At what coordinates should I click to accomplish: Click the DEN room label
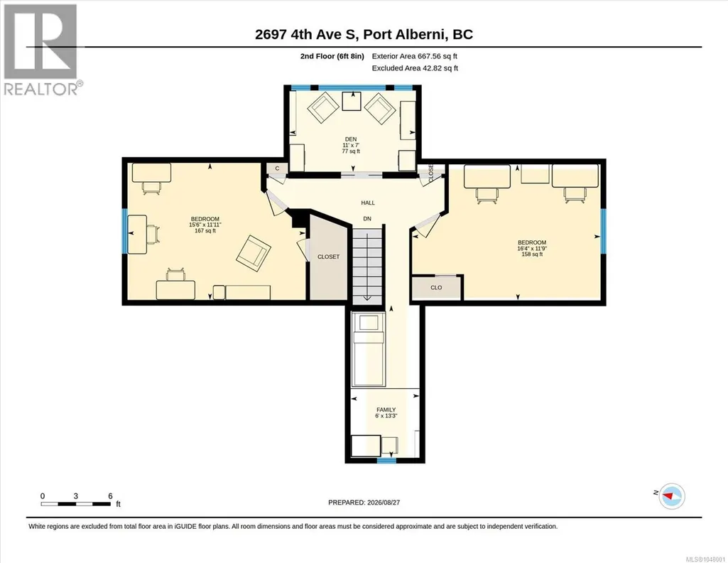pos(351,139)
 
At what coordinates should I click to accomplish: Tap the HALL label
pos(368,203)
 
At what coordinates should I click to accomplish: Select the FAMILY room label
pos(386,409)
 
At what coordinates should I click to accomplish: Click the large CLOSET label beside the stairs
pos(328,257)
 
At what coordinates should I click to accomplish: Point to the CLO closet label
pos(436,287)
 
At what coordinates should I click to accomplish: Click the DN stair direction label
pos(367,219)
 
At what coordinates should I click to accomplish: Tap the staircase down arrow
pos(366,267)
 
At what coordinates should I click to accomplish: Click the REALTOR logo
pos(42,50)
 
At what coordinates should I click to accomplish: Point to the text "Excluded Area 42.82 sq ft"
pos(415,68)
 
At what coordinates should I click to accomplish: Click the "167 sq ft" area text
pos(205,230)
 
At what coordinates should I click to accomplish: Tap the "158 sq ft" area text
pos(532,254)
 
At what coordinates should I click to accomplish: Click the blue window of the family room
pos(386,461)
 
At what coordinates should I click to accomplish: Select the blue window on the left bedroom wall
pos(124,231)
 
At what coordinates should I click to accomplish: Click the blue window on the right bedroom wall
pos(603,232)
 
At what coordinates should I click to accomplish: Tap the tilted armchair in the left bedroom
pos(254,252)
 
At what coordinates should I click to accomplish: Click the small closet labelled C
pos(277,168)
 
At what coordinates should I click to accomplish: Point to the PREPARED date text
pos(364,502)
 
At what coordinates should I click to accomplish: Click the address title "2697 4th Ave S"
pos(307,34)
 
